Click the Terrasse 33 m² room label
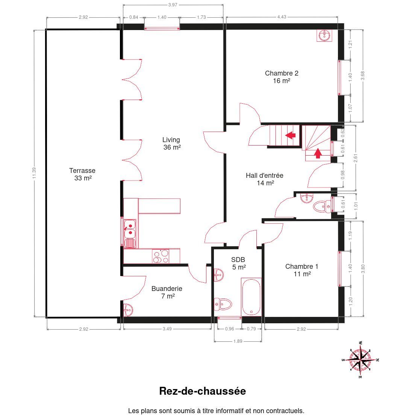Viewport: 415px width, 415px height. coord(82,174)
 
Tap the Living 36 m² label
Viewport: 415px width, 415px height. coord(171,144)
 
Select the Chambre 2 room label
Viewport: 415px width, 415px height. coord(282,77)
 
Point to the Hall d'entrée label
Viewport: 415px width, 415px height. coord(265,179)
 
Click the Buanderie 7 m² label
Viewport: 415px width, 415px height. coord(167,292)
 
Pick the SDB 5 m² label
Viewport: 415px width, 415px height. coord(238,264)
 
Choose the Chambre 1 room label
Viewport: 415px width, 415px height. coord(302,270)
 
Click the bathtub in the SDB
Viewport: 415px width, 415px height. coord(251,297)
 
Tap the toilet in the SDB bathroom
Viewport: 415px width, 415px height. coord(223,304)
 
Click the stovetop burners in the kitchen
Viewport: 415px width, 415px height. coord(161,256)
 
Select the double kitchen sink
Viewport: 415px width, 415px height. coord(130,229)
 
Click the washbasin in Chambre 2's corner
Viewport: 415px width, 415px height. coord(324,35)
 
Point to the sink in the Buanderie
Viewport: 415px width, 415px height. coord(128,310)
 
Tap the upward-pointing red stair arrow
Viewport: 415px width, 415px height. coord(318,153)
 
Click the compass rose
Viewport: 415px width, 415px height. coord(360,360)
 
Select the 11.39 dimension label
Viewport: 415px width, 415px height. coord(34,173)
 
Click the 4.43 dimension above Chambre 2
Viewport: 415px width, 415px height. coord(282,17)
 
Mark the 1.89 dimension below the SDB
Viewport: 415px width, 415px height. coord(238,341)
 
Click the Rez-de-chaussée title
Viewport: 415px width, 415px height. coord(203,391)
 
